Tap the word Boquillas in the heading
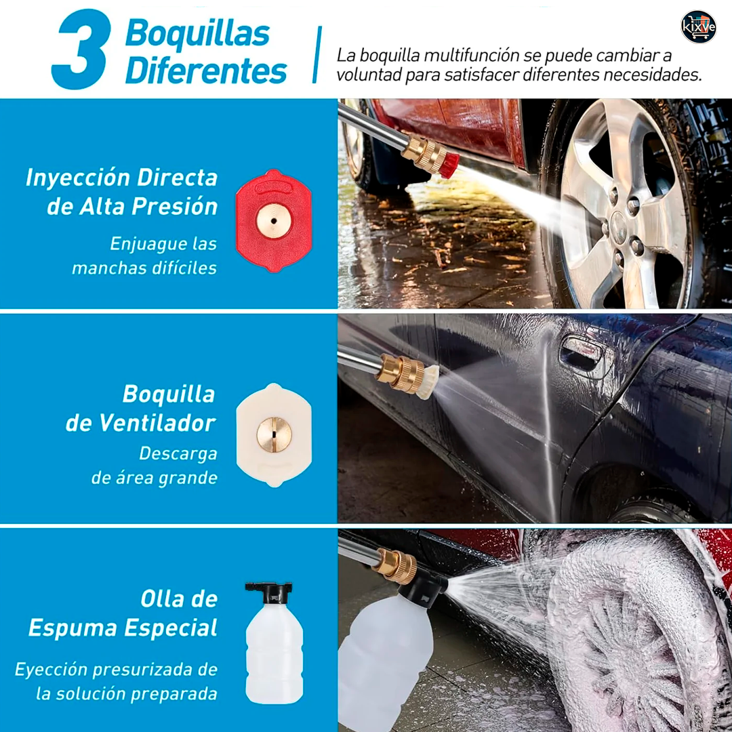click(197, 35)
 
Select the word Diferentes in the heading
click(206, 71)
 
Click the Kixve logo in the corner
click(698, 26)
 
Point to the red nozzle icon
click(274, 221)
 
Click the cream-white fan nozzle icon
click(274, 435)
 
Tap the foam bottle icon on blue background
click(274, 643)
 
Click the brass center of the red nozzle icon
click(274, 221)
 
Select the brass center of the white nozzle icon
click(274, 435)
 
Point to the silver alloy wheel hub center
click(619, 227)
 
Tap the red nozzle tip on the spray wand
click(449, 166)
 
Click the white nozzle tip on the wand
click(428, 382)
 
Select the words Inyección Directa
click(122, 178)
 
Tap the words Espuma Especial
click(123, 628)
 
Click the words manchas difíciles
click(144, 268)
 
